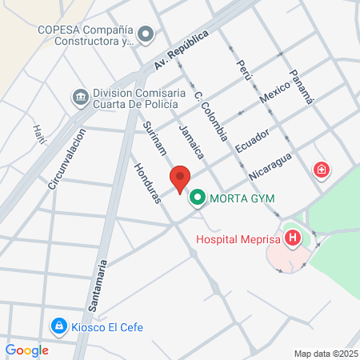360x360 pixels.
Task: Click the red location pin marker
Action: click(x=180, y=179)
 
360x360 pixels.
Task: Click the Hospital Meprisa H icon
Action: click(x=294, y=238)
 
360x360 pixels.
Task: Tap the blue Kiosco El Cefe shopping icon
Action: click(x=58, y=326)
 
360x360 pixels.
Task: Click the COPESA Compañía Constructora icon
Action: click(x=146, y=34)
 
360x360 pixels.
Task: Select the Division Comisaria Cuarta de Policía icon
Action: click(x=80, y=98)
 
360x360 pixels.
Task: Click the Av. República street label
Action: click(x=182, y=50)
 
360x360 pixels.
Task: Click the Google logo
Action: click(x=26, y=350)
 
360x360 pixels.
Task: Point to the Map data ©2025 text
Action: click(x=326, y=353)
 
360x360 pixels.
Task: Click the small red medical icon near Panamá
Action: click(x=321, y=170)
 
